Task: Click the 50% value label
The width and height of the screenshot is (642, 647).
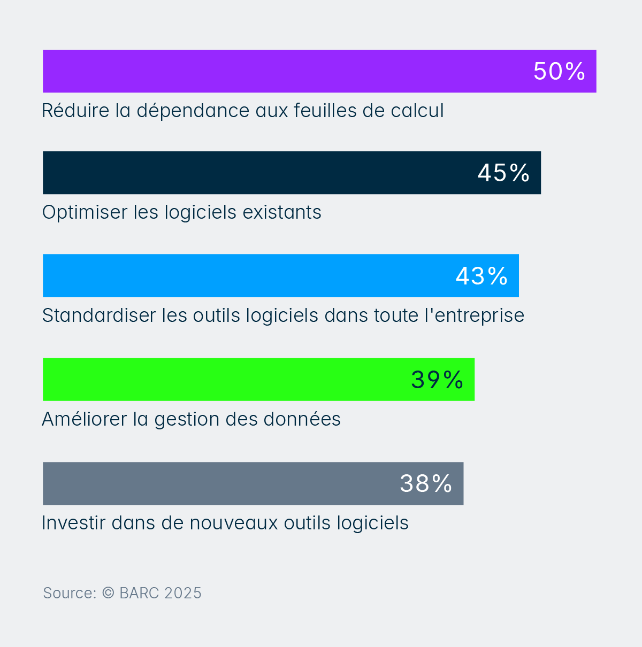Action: click(559, 71)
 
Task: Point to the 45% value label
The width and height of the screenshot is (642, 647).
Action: click(503, 173)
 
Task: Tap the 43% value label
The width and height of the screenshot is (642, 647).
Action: click(481, 276)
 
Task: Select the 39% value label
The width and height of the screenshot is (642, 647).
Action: click(437, 380)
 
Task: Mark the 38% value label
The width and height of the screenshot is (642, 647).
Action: click(426, 483)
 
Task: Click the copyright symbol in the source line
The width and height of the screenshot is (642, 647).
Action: click(108, 592)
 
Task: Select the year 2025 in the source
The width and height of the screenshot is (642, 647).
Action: click(183, 593)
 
